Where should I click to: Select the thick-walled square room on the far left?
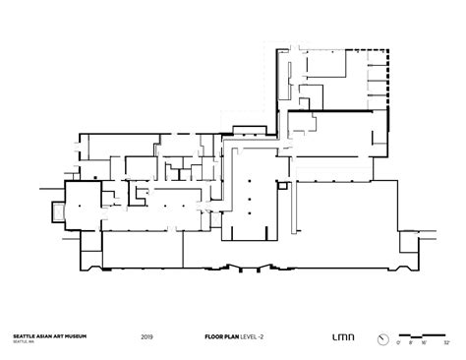tap(82, 205)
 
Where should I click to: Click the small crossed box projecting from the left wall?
tap(53, 209)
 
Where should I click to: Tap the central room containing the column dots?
tap(254, 197)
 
